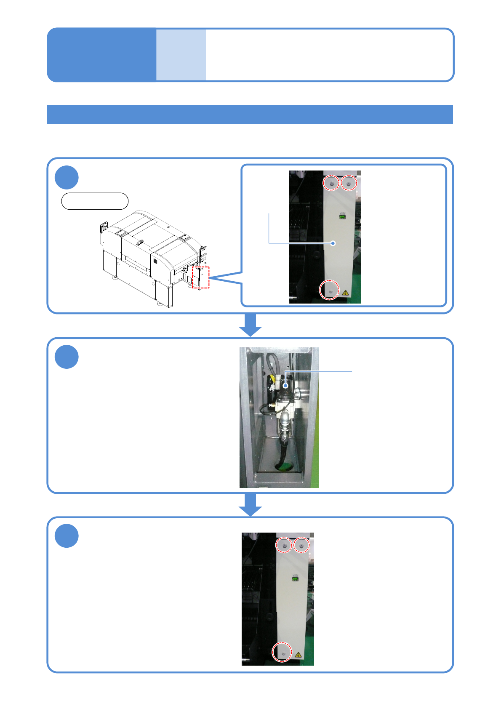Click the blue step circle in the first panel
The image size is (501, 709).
coord(67,177)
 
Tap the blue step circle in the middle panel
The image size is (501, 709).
coord(67,357)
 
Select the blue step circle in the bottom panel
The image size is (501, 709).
coord(67,536)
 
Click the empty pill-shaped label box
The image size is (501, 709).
coord(95,201)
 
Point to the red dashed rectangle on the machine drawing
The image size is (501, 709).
coord(201,277)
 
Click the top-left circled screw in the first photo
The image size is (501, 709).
coord(331,183)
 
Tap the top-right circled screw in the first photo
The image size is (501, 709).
coord(349,183)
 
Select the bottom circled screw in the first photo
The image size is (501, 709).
coord(330,291)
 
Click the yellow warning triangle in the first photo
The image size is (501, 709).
coord(345,292)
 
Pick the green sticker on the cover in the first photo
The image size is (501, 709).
coord(342,217)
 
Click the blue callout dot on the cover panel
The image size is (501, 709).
coord(333,243)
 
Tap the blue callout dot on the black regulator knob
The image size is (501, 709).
coord(285,385)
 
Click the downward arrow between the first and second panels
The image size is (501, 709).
coord(250,325)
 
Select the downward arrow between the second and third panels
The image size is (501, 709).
coord(250,504)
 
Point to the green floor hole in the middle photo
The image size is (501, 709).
coord(284,466)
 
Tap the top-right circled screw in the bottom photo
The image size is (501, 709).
coord(301,545)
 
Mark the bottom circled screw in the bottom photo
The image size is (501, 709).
coord(282,652)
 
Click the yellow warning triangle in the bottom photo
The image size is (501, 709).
coord(298,655)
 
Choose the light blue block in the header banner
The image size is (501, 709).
coord(181,55)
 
